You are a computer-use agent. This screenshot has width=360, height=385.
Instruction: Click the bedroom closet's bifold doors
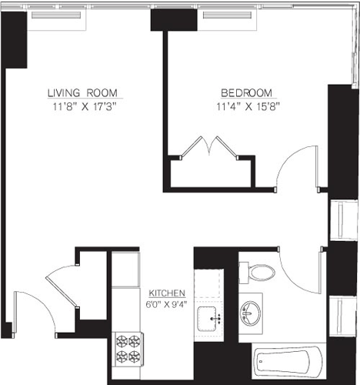[208, 146]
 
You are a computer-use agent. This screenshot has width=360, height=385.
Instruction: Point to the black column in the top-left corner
[15, 42]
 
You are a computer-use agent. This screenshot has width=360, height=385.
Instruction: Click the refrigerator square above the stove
[127, 269]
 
